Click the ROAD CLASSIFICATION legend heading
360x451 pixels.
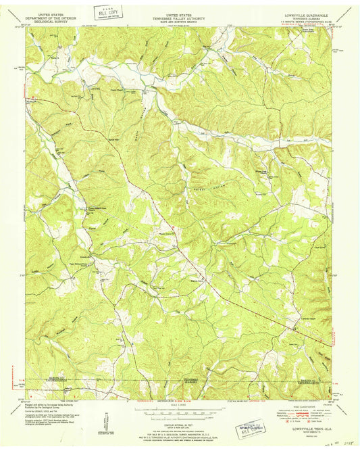coord(304,406)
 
